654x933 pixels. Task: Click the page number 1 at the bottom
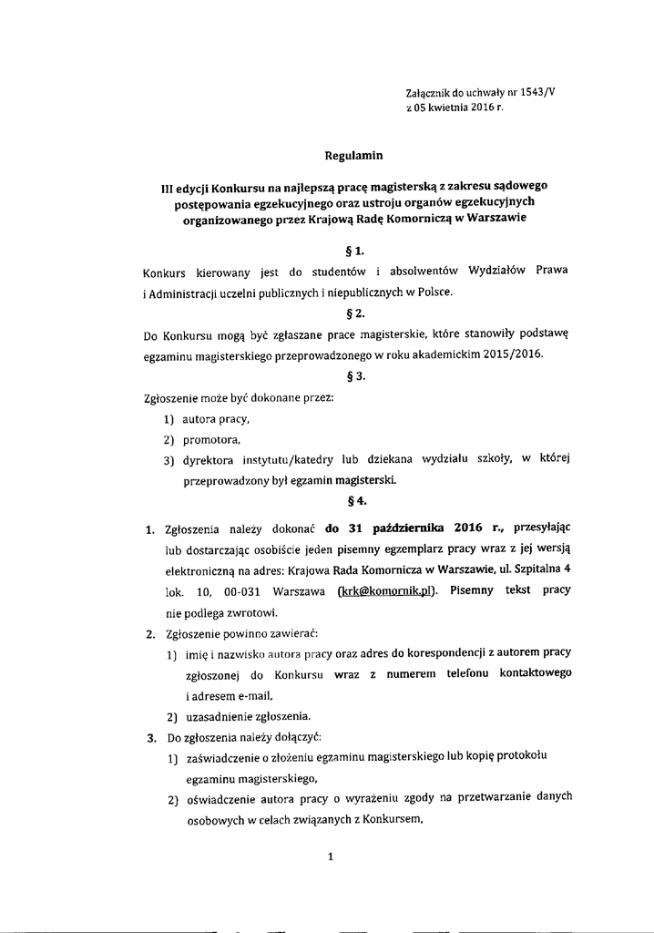click(x=331, y=856)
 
